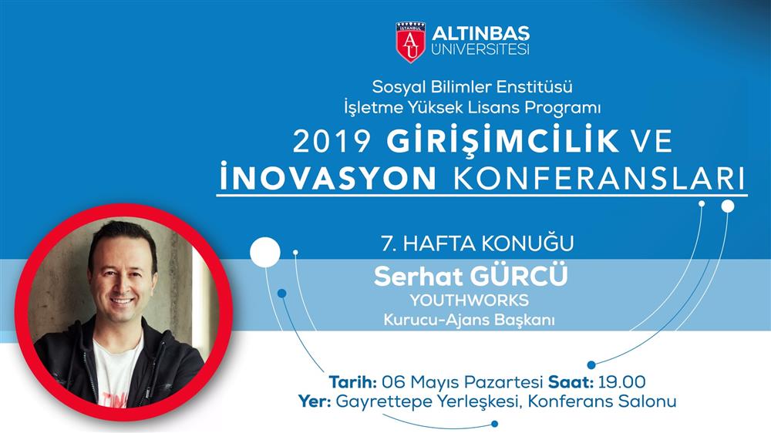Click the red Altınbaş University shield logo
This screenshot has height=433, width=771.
click(x=411, y=42)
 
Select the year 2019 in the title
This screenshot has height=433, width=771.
click(x=332, y=142)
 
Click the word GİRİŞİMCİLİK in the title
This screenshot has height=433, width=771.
click(x=503, y=140)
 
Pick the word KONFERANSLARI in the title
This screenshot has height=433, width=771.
click(x=599, y=179)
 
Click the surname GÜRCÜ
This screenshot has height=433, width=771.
click(x=519, y=276)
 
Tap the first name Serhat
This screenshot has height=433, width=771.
click(x=419, y=277)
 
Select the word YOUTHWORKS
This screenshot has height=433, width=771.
click(x=470, y=300)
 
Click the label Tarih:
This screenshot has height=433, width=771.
click(x=353, y=382)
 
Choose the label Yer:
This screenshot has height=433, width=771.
click(x=315, y=401)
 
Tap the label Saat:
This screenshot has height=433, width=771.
click(x=571, y=382)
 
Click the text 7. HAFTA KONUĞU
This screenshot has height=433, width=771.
click(x=477, y=243)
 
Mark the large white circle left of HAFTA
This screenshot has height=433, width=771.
click(x=265, y=253)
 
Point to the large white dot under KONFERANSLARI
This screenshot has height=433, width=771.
click(x=728, y=206)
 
